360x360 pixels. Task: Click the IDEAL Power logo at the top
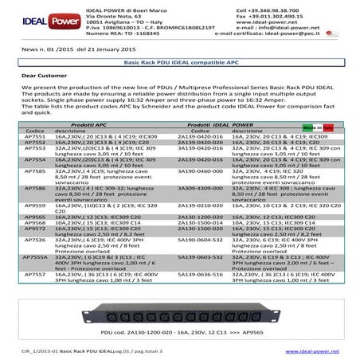click(x=35, y=16)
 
